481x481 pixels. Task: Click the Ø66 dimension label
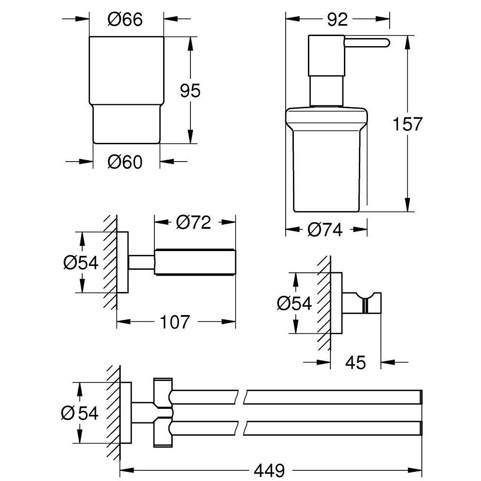[x=125, y=20]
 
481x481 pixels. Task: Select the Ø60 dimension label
[x=125, y=163]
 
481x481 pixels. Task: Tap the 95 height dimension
[x=190, y=90]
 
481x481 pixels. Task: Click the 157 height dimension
[x=407, y=124]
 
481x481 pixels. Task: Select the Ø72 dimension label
[x=194, y=223]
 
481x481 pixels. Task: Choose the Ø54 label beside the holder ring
[x=80, y=263]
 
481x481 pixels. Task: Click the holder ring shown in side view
[x=195, y=263]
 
